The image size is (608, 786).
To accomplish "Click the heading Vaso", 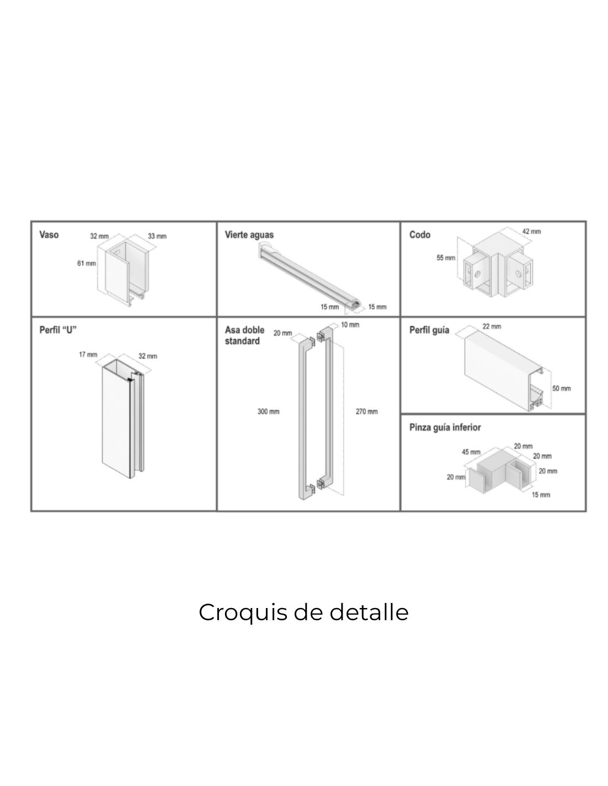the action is click(49, 235).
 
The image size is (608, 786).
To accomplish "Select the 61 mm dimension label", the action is click(86, 263).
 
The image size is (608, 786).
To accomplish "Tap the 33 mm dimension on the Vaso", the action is click(157, 236).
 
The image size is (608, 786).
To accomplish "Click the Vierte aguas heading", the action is click(249, 235).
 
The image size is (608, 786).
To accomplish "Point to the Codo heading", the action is click(420, 235).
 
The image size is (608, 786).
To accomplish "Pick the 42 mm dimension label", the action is click(531, 232).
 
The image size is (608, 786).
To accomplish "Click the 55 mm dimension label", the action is click(445, 258).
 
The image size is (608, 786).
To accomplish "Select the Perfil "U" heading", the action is click(58, 330).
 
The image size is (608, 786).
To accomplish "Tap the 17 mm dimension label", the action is click(88, 354).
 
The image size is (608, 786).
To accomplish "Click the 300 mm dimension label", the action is click(269, 412).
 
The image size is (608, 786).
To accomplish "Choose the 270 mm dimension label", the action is click(367, 412).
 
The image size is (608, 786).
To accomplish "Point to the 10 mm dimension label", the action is click(350, 325).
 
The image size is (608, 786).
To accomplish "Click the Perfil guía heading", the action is click(429, 330).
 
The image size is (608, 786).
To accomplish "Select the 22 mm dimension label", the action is click(492, 327).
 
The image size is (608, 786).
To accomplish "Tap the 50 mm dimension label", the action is click(562, 389).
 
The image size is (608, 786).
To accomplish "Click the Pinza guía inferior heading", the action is click(445, 427).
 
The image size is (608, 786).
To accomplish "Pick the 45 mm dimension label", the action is click(471, 452).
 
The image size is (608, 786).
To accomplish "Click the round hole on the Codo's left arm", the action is click(478, 274).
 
